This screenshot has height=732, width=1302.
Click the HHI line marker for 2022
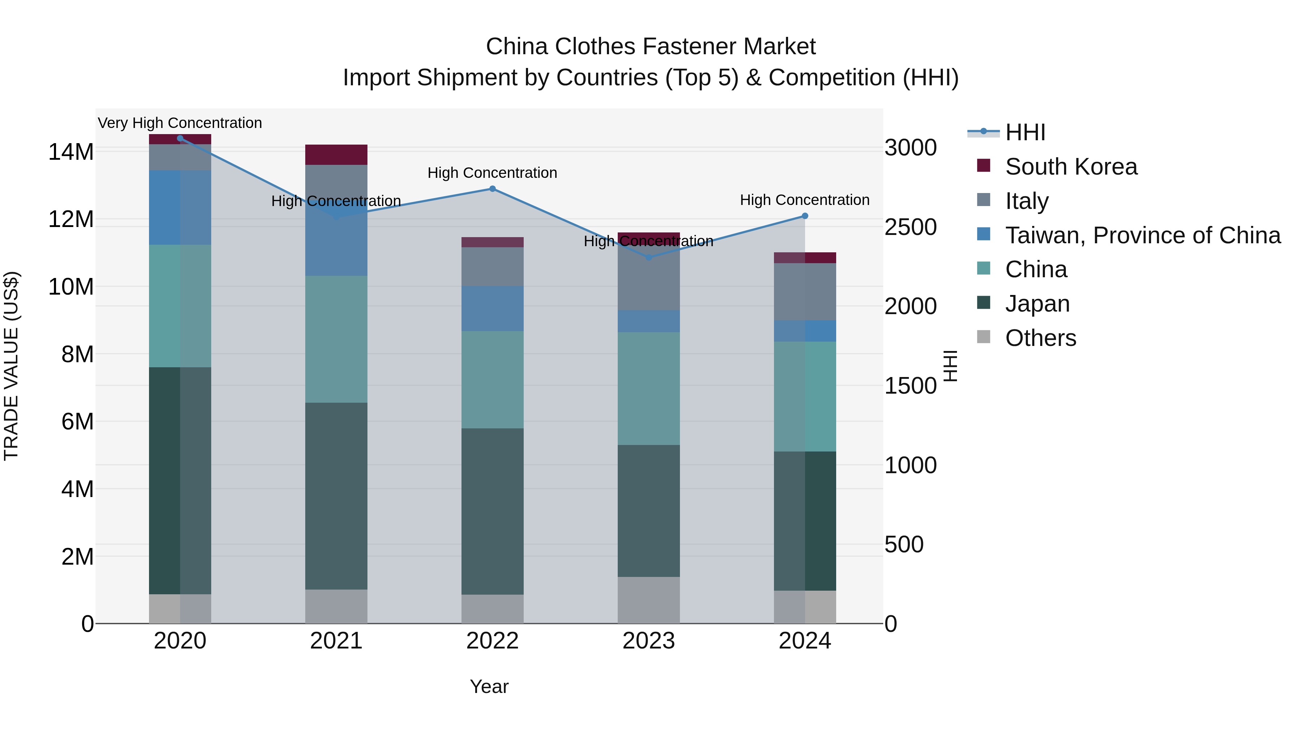pyautogui.click(x=492, y=189)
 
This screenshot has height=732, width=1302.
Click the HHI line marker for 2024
pyautogui.click(x=805, y=216)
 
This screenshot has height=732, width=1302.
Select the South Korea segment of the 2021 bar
pyautogui.click(x=336, y=155)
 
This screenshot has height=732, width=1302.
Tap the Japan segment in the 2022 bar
pyautogui.click(x=492, y=511)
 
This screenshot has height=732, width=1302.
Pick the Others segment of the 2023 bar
pyautogui.click(x=648, y=600)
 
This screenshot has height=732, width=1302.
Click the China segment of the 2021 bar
pyautogui.click(x=336, y=339)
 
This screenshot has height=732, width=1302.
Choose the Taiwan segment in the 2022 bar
pyautogui.click(x=492, y=309)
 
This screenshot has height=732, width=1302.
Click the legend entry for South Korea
pyautogui.click(x=1071, y=167)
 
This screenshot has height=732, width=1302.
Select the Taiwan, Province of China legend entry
pyautogui.click(x=1142, y=235)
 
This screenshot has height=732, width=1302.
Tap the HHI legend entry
pyautogui.click(x=1025, y=132)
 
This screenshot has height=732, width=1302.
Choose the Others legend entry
pyautogui.click(x=1040, y=338)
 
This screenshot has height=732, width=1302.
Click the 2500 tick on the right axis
pyautogui.click(x=910, y=227)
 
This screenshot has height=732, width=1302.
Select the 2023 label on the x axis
pyautogui.click(x=648, y=641)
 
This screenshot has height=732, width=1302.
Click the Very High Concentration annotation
pyautogui.click(x=180, y=123)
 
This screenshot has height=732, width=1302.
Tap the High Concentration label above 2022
pyautogui.click(x=492, y=173)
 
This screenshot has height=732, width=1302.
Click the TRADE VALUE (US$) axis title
pyautogui.click(x=11, y=366)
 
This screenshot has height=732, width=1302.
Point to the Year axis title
pyautogui.click(x=489, y=686)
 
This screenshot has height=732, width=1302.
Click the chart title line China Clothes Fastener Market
pyautogui.click(x=651, y=47)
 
